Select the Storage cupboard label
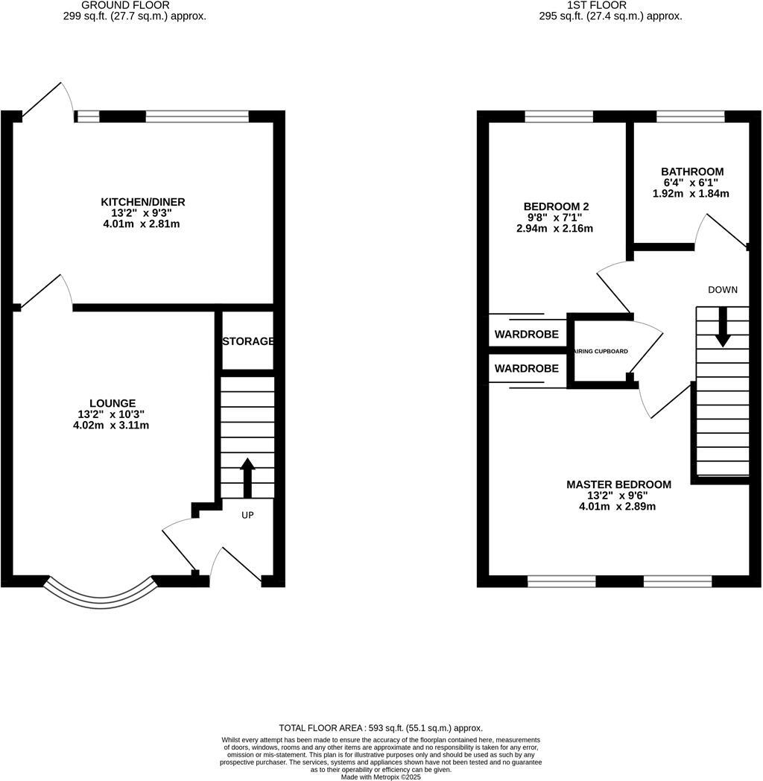pos(248,341)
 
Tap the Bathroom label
pos(692,171)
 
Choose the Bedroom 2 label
pos(551,206)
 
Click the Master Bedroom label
pos(618,484)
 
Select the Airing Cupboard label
pos(601,351)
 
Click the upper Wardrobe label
pos(527,335)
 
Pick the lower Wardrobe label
pos(527,368)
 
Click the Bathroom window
pos(690,116)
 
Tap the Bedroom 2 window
pos(559,116)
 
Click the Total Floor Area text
pos(381,728)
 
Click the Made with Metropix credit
pos(381,777)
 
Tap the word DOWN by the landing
pos(723,290)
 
